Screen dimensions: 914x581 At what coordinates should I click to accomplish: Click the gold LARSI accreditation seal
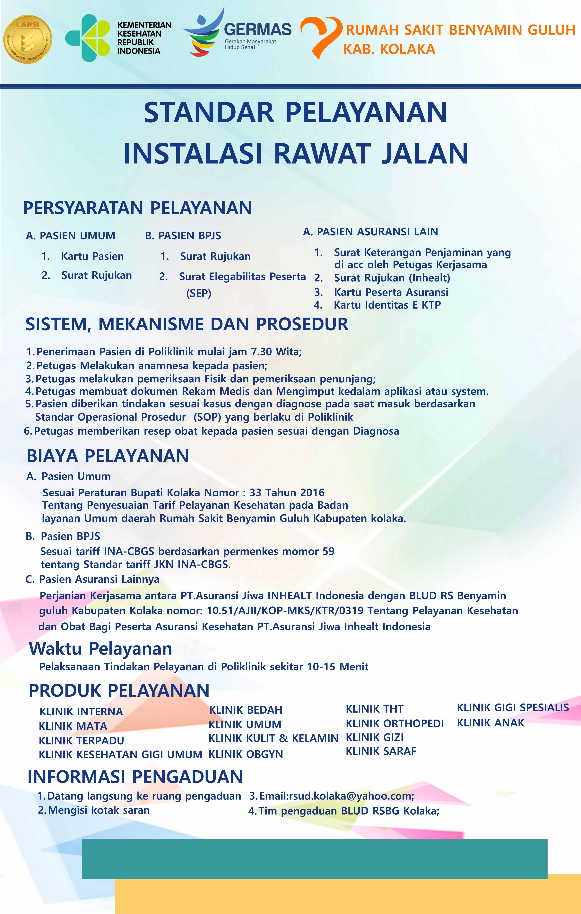click(x=28, y=39)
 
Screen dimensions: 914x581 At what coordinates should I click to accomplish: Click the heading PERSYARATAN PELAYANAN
click(x=137, y=208)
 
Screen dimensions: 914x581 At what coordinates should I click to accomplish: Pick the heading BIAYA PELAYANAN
click(x=108, y=456)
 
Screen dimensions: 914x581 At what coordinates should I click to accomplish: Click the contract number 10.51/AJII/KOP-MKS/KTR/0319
click(x=284, y=611)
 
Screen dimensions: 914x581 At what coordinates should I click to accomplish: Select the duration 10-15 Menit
click(x=338, y=667)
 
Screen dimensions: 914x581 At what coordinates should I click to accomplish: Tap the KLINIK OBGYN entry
click(x=246, y=754)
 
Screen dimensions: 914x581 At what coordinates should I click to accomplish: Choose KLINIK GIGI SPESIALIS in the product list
click(x=513, y=707)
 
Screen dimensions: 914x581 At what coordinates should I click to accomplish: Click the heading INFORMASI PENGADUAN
click(x=135, y=777)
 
